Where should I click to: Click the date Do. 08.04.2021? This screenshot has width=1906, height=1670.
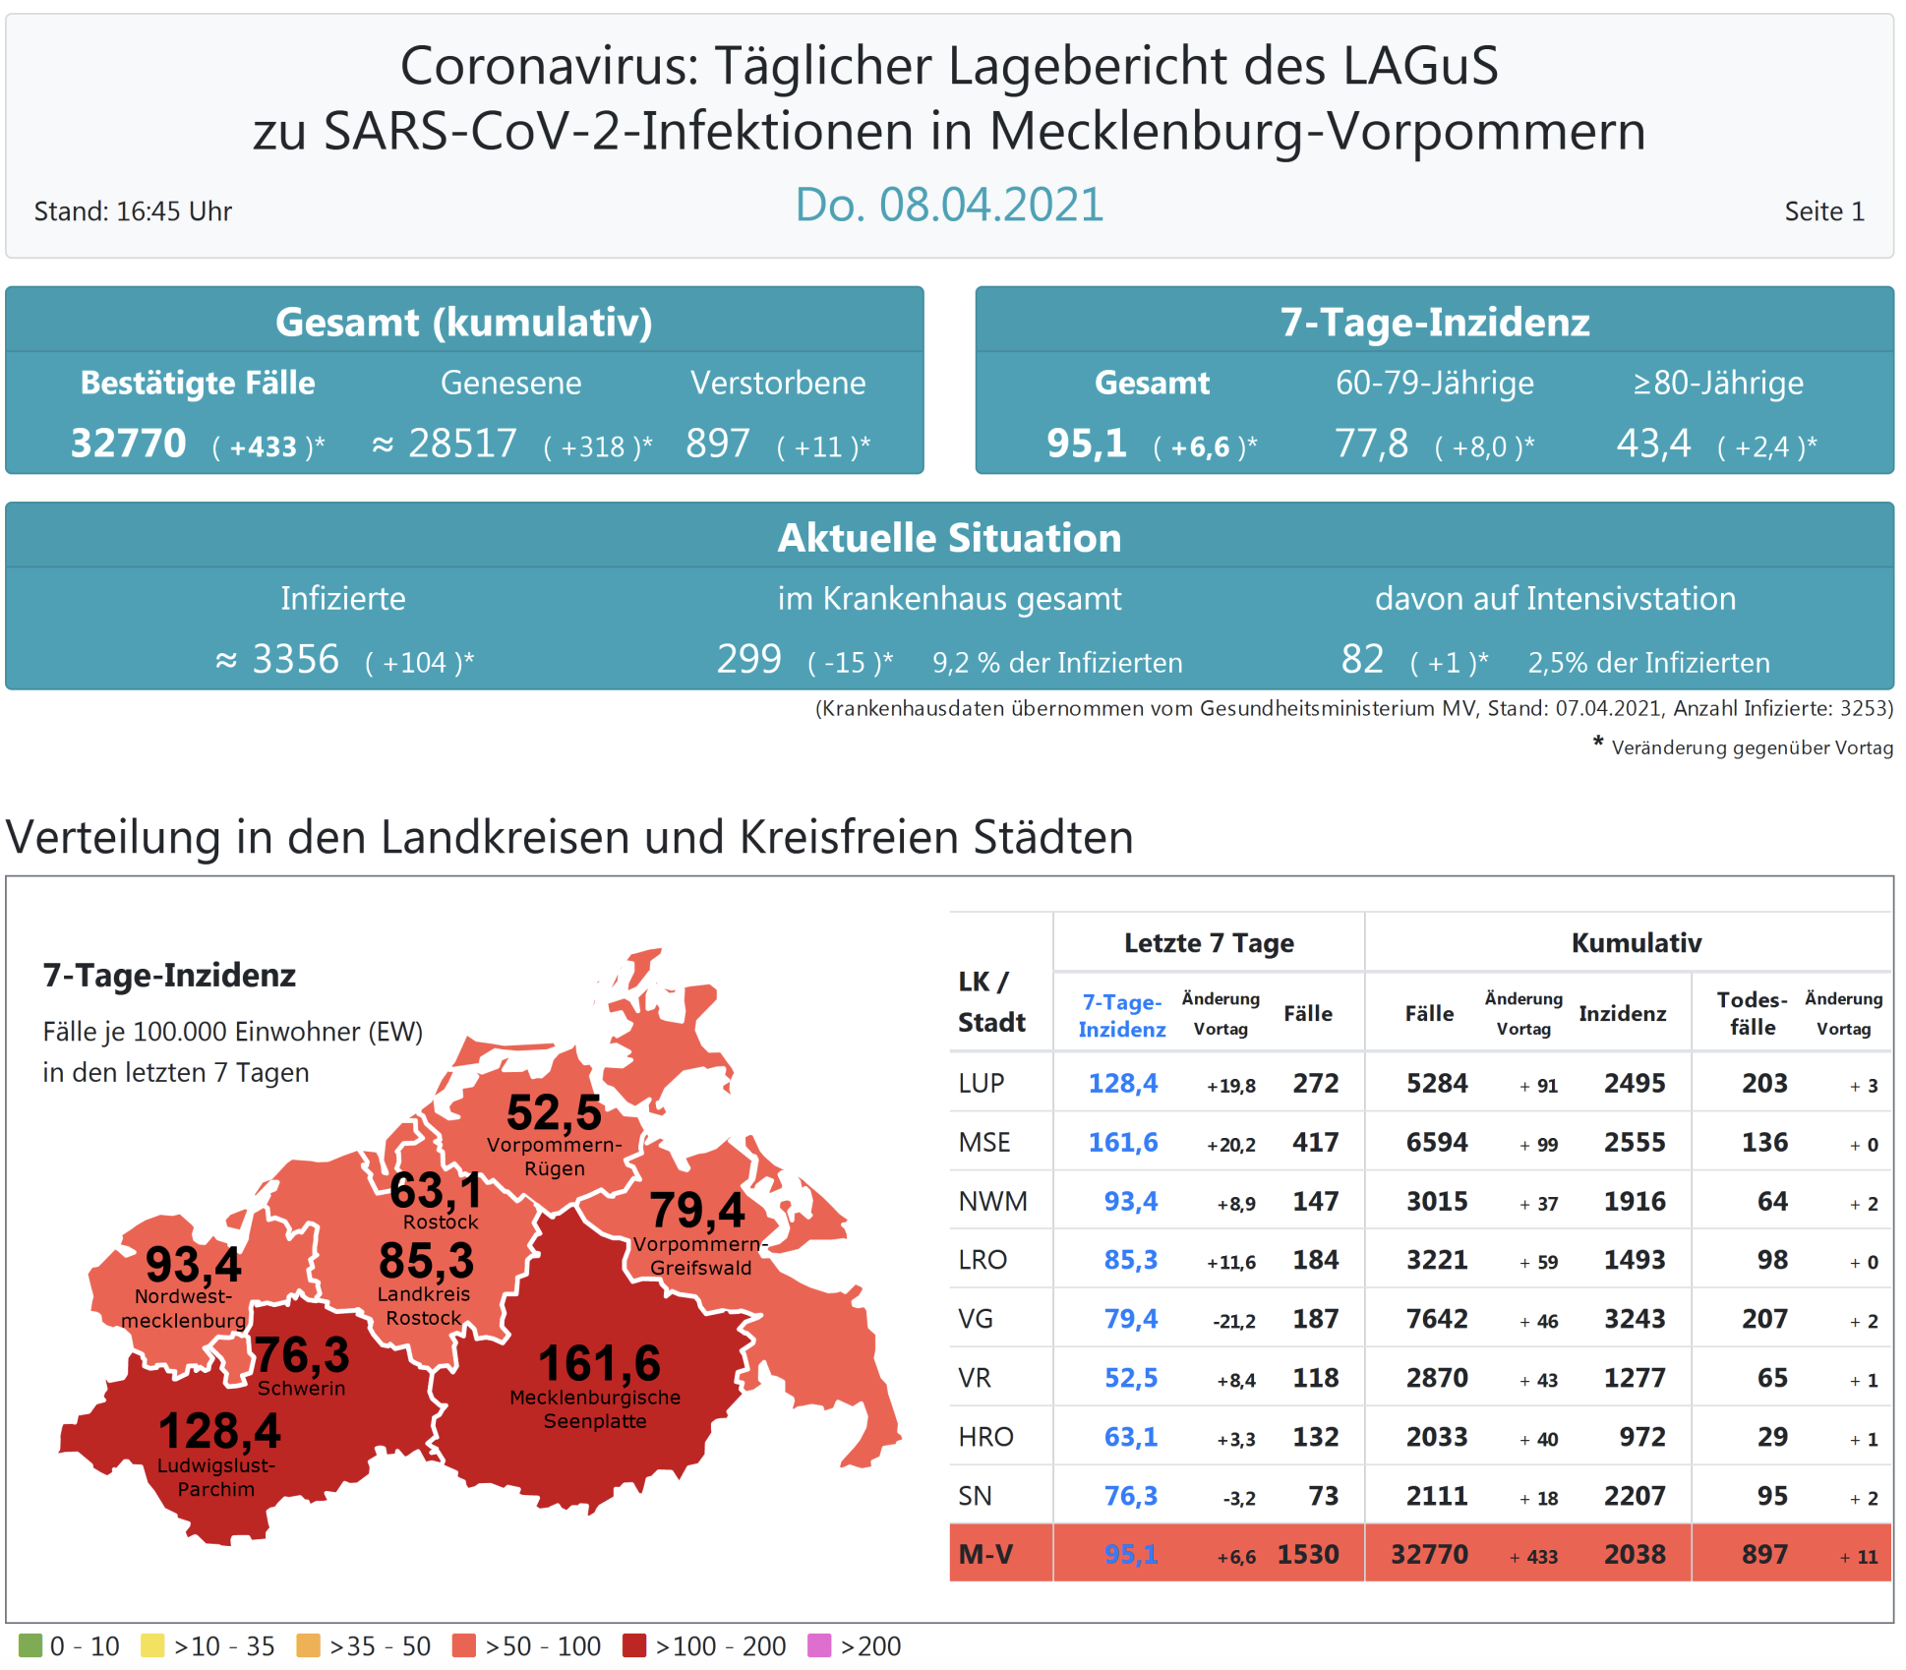(949, 205)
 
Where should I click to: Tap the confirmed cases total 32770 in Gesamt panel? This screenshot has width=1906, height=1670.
(128, 444)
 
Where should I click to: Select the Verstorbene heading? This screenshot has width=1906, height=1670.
(778, 383)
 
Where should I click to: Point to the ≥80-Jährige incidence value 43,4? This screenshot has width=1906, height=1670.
(1653, 444)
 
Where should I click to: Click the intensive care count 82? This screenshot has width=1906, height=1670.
(1362, 659)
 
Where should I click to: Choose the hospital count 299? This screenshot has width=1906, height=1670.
(748, 659)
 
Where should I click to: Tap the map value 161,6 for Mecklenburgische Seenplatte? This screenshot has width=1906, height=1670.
(599, 1364)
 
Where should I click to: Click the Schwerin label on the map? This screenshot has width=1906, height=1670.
(301, 1389)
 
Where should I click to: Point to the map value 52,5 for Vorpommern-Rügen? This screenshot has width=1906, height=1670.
(554, 1113)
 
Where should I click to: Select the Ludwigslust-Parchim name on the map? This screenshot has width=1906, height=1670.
(216, 1477)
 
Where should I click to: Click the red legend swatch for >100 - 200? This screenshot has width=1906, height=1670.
(634, 1645)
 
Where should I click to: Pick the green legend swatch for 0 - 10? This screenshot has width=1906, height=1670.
(30, 1645)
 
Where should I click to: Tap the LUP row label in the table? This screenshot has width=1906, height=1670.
(981, 1083)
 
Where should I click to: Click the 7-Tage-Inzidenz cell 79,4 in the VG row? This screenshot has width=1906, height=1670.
(1130, 1319)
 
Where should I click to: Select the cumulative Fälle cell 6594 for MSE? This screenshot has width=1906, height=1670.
(1436, 1142)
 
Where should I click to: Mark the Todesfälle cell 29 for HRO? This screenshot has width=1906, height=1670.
(1772, 1437)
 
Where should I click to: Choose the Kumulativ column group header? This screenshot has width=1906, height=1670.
(1636, 943)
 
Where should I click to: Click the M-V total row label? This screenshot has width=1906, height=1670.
(985, 1554)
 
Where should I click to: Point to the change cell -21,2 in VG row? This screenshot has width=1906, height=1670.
(1233, 1321)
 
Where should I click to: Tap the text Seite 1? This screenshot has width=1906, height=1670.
(1824, 211)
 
